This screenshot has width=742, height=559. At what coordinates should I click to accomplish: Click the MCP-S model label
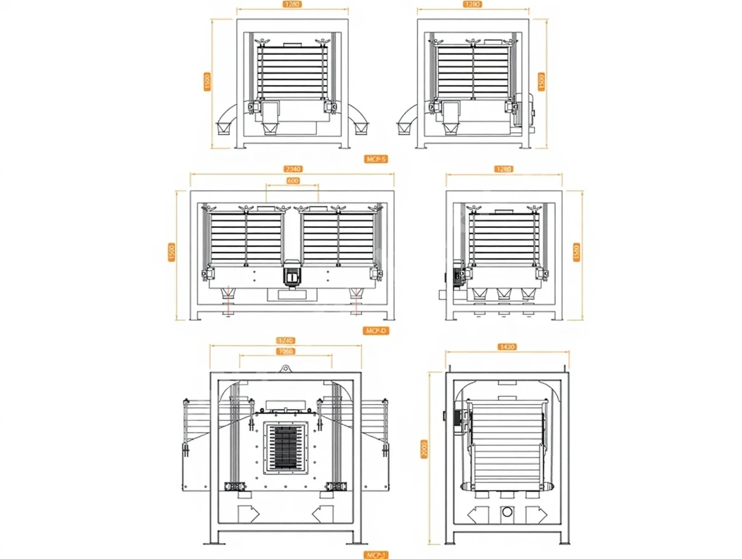pos(377,159)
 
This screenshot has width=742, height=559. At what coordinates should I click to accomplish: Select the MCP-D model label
pos(377,330)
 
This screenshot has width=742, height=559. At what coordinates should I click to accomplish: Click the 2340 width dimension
pos(293,169)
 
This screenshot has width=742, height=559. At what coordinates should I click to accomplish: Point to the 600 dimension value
pos(293,181)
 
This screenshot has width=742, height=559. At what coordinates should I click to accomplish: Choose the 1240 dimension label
pos(286,341)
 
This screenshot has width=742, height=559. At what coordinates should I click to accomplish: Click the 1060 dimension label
pos(286,351)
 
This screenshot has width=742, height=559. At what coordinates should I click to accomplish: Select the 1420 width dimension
pos(508,347)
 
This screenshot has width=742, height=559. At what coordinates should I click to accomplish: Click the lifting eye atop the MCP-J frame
pos(286,368)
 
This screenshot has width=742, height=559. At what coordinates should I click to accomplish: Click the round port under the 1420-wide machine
pos(507,512)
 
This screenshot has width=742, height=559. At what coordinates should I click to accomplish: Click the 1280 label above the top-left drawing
pos(293,4)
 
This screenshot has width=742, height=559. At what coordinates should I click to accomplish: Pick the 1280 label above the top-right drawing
pos(473,4)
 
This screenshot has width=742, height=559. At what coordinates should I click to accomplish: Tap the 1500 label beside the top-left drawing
pos(207,82)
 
